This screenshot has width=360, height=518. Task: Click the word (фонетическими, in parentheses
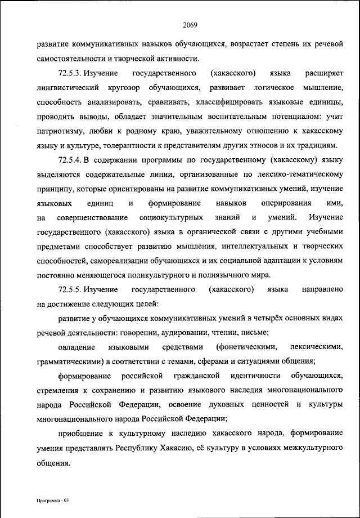pos(242,346)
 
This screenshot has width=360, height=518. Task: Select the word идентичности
pos(250,375)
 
